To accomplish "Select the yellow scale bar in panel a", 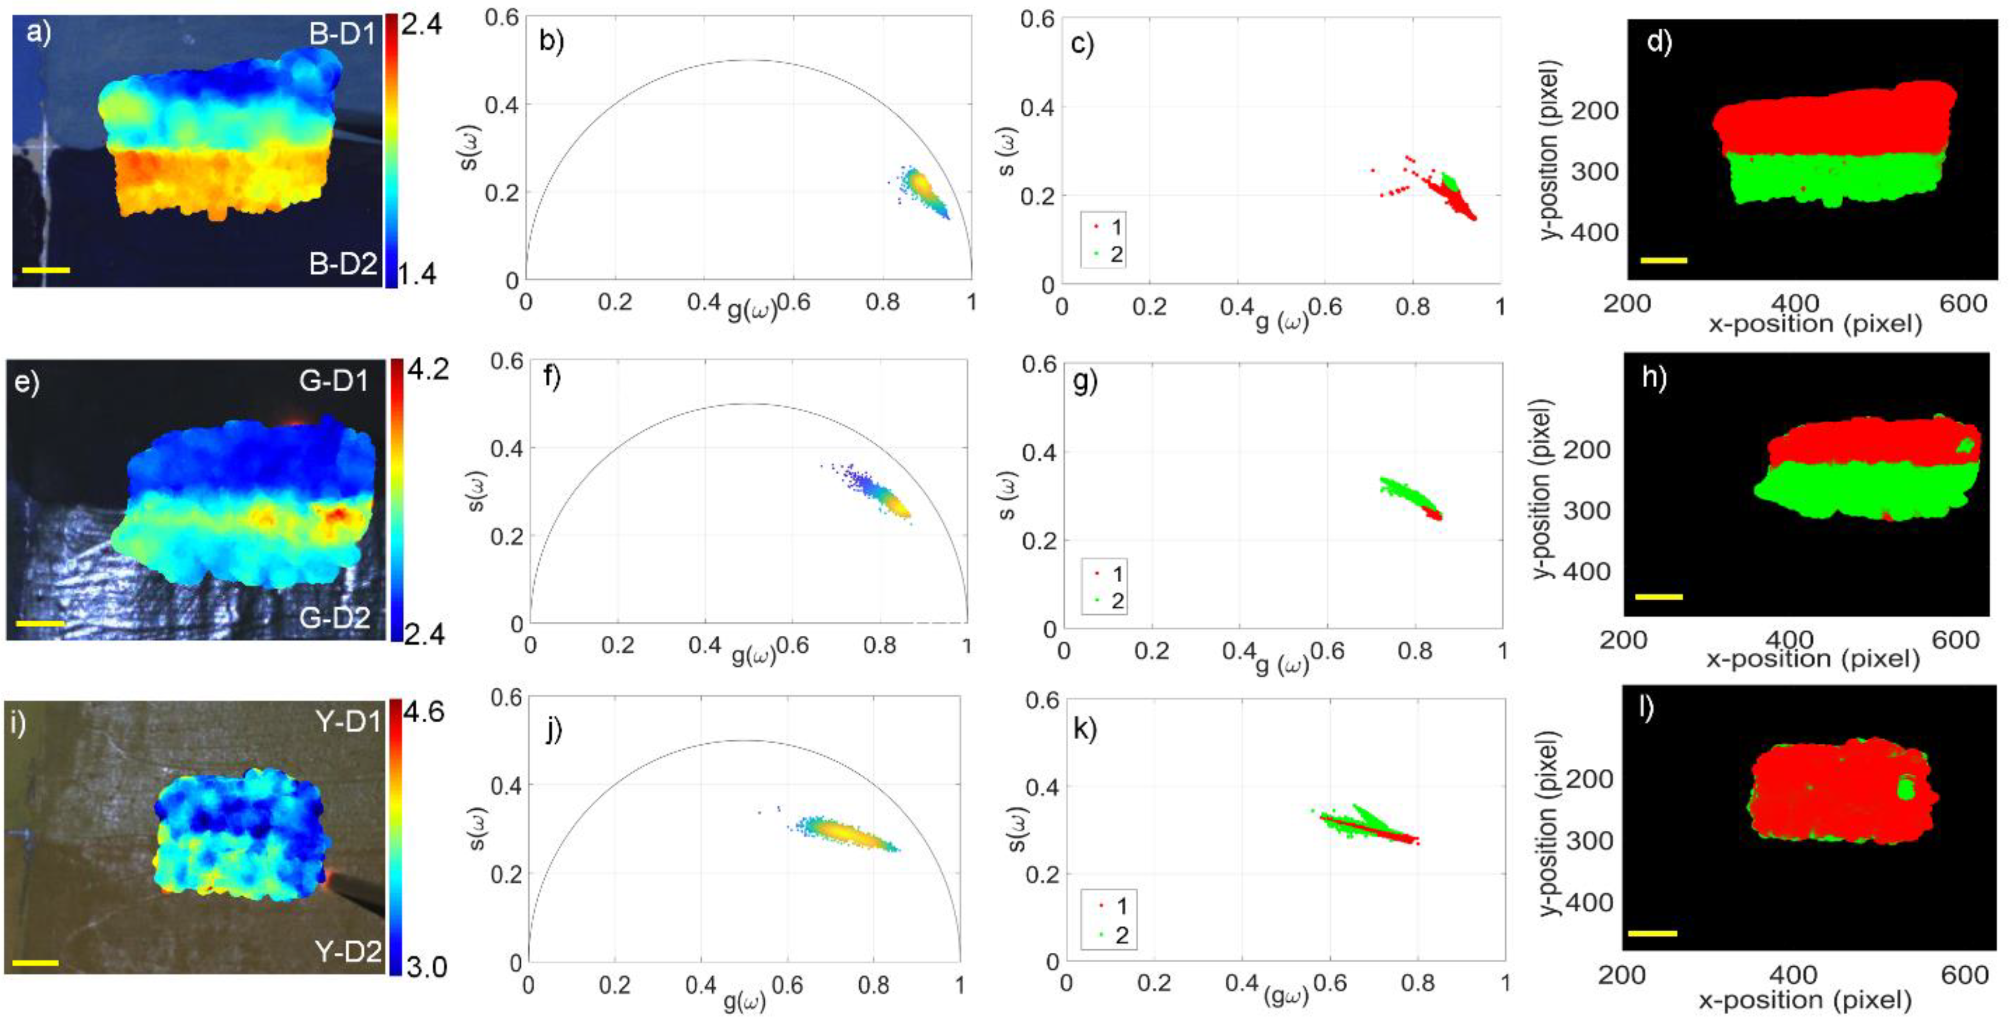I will pyautogui.click(x=46, y=270).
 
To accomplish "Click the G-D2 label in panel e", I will pyautogui.click(x=334, y=618).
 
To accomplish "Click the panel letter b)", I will pyautogui.click(x=552, y=41).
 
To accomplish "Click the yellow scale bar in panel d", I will pyautogui.click(x=1664, y=260).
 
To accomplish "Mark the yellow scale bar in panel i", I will pyautogui.click(x=36, y=963).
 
